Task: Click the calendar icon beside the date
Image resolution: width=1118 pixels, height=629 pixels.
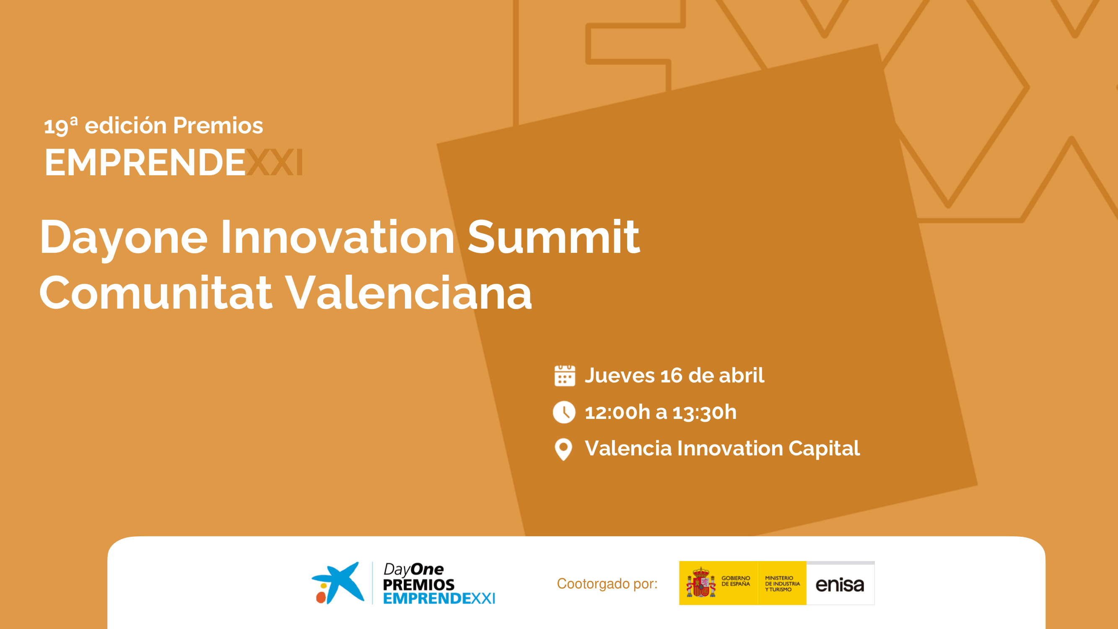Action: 565,375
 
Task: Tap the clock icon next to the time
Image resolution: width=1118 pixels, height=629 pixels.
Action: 564,412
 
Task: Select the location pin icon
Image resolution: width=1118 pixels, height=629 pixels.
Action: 563,449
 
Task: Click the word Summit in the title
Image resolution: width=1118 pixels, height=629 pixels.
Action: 553,237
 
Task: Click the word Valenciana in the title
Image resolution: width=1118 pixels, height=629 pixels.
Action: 408,293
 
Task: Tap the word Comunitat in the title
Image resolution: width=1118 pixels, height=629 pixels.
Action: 156,293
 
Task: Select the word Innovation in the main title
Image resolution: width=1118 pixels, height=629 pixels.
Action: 337,237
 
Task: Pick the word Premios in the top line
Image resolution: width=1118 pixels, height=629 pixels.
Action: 218,125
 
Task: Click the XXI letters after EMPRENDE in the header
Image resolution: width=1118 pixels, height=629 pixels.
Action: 274,162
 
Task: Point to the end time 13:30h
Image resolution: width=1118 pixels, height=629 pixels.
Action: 704,412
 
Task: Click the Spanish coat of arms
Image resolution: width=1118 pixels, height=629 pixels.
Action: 700,582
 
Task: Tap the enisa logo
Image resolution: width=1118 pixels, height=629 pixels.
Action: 840,585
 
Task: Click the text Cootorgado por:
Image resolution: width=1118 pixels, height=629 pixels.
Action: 607,584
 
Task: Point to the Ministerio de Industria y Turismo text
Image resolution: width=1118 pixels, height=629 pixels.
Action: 782,584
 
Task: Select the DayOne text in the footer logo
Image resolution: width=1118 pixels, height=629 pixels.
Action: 413,569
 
